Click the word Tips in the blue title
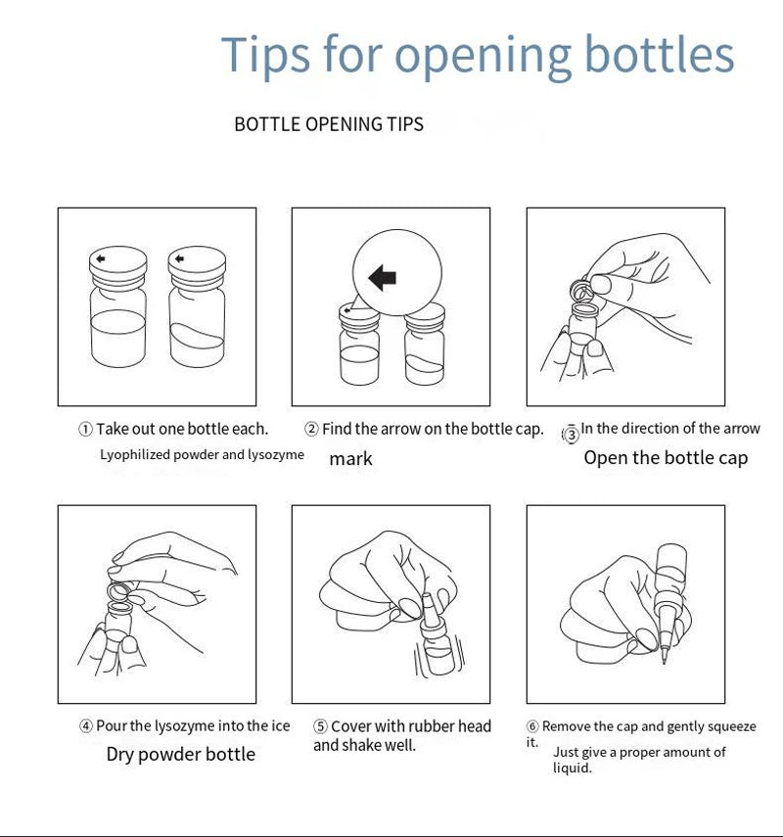click(265, 55)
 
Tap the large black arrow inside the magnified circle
click(382, 278)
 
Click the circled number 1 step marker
click(85, 429)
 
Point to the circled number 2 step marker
click(311, 429)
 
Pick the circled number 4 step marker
click(86, 726)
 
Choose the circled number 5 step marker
click(320, 726)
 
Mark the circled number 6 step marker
click(532, 726)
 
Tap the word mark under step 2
click(350, 458)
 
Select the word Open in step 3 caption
click(604, 458)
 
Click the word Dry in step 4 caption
click(119, 755)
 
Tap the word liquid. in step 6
click(573, 768)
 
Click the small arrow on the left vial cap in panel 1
click(101, 258)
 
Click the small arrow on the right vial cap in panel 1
click(179, 258)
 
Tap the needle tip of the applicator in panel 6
click(664, 663)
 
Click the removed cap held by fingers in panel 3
click(579, 291)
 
